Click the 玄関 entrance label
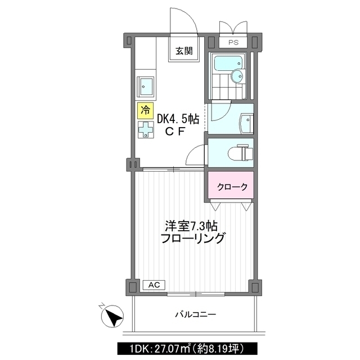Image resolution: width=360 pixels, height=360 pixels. [183, 51]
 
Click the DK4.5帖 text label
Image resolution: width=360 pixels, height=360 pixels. [177, 119]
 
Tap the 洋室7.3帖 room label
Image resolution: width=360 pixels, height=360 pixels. [191, 226]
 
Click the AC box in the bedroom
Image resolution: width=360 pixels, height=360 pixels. [154, 285]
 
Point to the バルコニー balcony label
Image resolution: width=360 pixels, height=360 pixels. [195, 314]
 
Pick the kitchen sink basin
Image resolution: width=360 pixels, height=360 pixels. [147, 85]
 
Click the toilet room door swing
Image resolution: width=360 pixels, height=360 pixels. [196, 155]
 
